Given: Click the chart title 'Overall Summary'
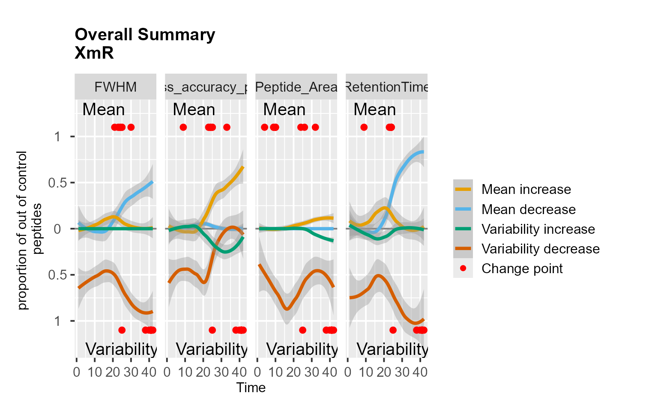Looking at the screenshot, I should coord(145,35).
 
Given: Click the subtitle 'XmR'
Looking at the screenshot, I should coord(94,53).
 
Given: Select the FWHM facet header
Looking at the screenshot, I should coord(115,87).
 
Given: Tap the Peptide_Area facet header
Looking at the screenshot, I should coord(296,87).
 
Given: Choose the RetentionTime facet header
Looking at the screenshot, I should coord(386,87).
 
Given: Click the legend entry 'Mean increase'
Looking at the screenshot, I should coord(526,189).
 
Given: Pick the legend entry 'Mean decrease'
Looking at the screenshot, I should coord(528,209).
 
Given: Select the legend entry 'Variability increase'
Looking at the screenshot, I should coord(538,229).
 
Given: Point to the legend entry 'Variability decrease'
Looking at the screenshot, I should coord(540,249).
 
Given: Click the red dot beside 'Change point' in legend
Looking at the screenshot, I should coord(463,268).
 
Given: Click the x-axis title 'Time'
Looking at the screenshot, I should coord(251,388).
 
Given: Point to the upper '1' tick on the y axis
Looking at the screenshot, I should coord(57,137).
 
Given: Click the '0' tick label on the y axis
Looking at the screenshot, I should coord(57,229).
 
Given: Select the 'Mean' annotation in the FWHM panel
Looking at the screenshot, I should coord(104,110).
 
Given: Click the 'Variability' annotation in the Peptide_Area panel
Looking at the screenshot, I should coord(302,349).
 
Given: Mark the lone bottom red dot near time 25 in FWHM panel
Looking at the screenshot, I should coord(122,330).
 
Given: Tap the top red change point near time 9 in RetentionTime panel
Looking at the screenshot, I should coord(364,127).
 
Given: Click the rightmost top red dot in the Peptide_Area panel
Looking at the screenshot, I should coord(315,127).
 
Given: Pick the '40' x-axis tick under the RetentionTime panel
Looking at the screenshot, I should coord(420,372).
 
